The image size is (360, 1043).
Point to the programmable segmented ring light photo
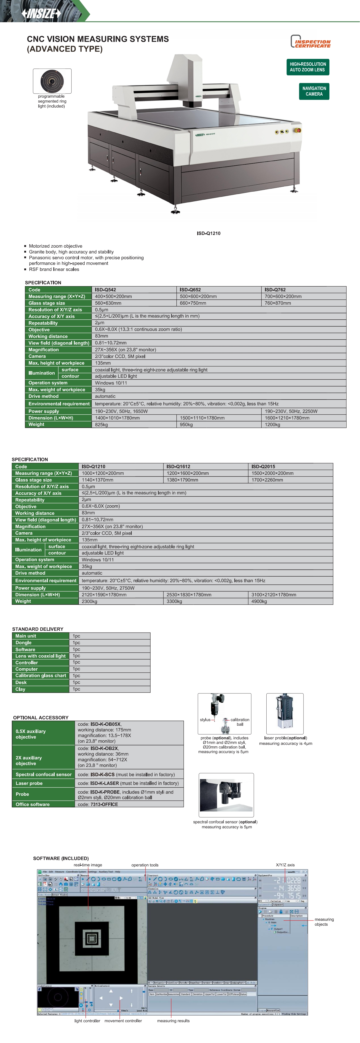click(x=52, y=81)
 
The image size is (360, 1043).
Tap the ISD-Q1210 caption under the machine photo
click(x=209, y=233)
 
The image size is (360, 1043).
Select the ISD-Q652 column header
click(x=190, y=290)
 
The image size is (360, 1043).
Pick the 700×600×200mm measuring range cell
click(x=283, y=296)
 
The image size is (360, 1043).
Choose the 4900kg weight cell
click(x=259, y=601)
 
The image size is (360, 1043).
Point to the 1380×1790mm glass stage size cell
click(x=183, y=480)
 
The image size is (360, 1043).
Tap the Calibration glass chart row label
click(x=41, y=675)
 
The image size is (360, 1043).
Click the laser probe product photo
click(x=285, y=713)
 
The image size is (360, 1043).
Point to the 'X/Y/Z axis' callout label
click(x=285, y=865)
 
